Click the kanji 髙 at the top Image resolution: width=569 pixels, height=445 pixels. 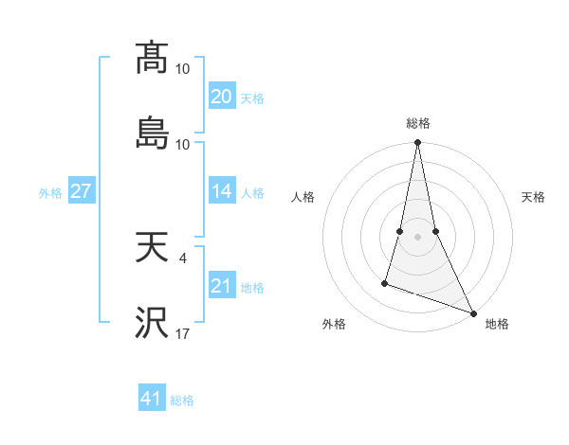click(x=152, y=59)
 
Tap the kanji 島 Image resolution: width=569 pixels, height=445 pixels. click(x=152, y=133)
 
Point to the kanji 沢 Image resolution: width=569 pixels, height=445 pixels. click(x=152, y=322)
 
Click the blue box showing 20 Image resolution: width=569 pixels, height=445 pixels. click(x=221, y=97)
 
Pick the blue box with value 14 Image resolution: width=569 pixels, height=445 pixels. click(x=221, y=191)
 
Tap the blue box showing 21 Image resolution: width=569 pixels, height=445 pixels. click(x=221, y=286)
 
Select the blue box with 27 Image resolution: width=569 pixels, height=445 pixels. click(x=81, y=191)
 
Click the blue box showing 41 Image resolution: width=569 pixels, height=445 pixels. click(x=152, y=399)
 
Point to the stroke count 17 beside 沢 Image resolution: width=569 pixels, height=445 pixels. click(x=183, y=333)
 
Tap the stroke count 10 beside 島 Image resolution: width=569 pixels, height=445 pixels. click(x=183, y=144)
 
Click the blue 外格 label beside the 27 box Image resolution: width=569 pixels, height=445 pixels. click(x=50, y=192)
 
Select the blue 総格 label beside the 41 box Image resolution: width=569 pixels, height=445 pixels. click(x=182, y=400)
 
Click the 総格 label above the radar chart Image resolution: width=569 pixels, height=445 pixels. click(x=417, y=123)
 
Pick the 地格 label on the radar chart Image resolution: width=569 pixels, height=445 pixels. click(x=497, y=325)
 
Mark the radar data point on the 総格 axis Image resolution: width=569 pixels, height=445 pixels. click(x=417, y=143)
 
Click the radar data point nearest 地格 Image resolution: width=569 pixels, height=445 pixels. click(x=472, y=311)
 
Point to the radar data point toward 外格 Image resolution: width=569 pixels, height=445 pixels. click(x=385, y=282)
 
